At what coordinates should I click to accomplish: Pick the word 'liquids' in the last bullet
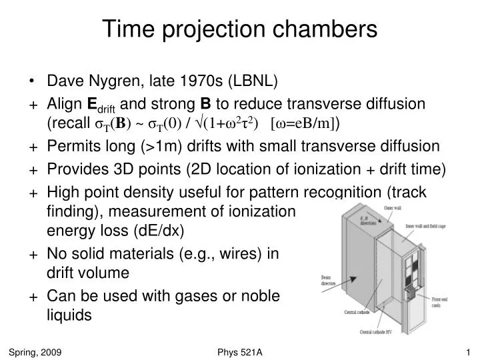pyautogui.click(x=69, y=315)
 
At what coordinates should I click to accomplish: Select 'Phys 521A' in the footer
pyautogui.click(x=239, y=351)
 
